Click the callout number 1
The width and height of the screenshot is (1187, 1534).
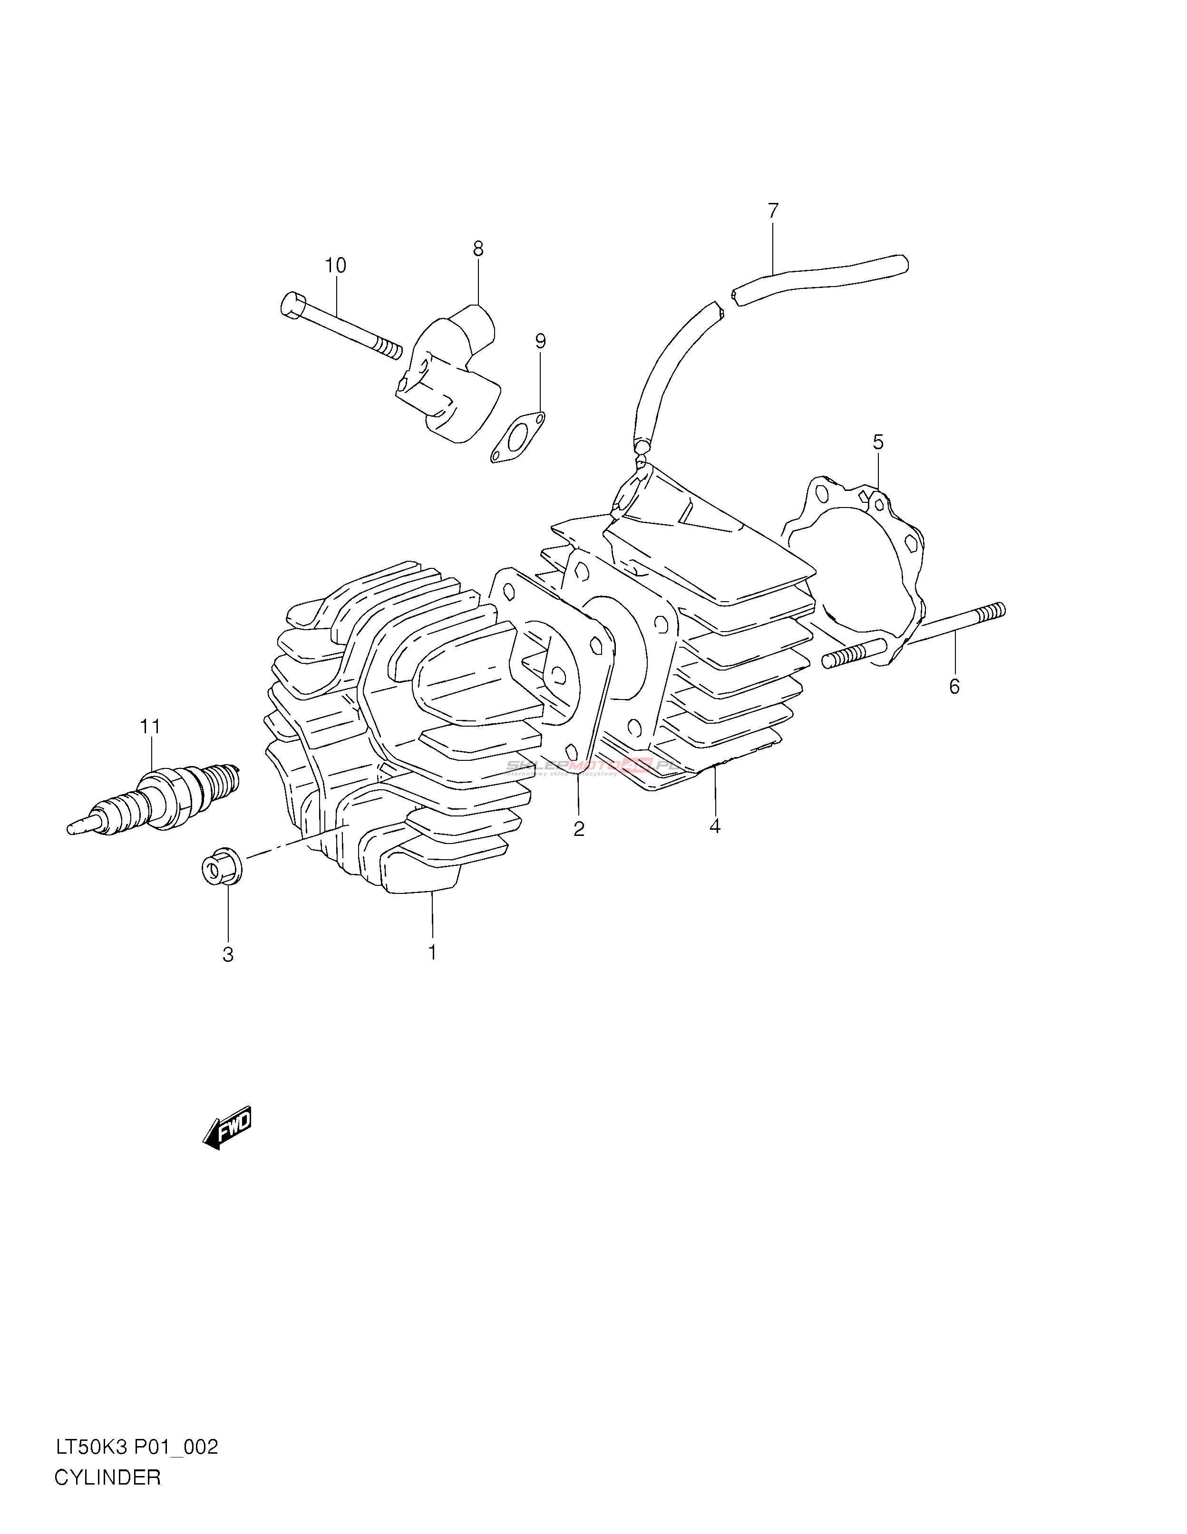click(433, 952)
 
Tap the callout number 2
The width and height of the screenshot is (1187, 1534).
click(578, 829)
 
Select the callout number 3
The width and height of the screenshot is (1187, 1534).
click(228, 955)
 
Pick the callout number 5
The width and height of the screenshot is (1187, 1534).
click(878, 442)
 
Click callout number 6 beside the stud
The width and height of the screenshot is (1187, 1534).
click(953, 686)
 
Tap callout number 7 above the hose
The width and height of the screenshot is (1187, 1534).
click(773, 210)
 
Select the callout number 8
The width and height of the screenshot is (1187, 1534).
click(478, 248)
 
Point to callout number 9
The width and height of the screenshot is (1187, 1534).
click(540, 341)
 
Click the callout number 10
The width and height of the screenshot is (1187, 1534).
click(335, 266)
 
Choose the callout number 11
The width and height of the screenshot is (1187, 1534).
click(150, 726)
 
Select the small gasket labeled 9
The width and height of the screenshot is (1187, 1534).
click(517, 438)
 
